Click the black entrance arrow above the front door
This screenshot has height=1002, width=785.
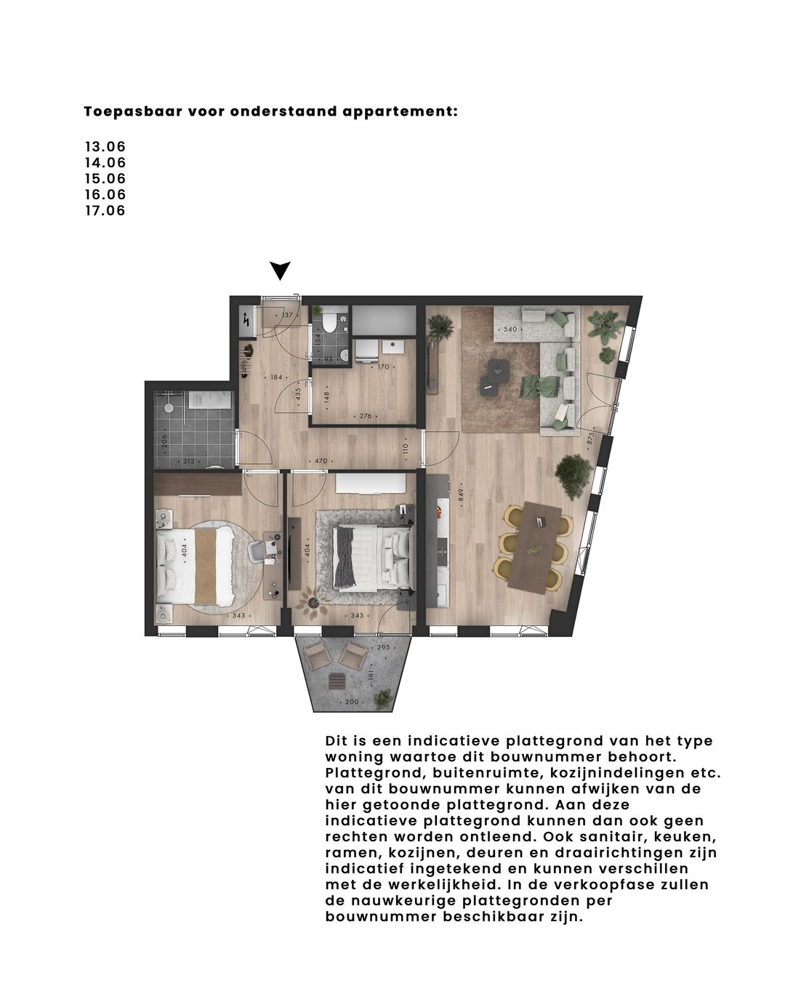coord(281,270)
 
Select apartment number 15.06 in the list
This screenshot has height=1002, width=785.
coord(105,179)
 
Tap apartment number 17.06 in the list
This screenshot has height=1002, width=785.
coord(105,211)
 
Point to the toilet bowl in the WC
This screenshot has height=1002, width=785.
coord(329,321)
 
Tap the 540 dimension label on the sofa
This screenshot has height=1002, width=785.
coord(510,329)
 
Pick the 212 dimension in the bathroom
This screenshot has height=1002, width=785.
coord(190,460)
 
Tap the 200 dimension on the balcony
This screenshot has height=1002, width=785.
coord(353,702)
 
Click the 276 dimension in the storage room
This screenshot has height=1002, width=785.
coord(365,417)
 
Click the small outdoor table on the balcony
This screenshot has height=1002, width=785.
coord(337,681)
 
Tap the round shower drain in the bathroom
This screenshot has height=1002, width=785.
coord(166,408)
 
